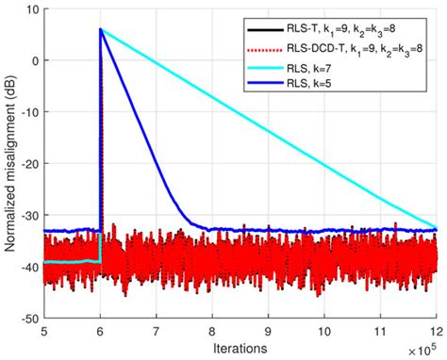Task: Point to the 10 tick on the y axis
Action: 29,9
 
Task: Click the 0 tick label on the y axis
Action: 33,61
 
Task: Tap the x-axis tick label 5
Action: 43,333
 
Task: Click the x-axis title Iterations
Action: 240,348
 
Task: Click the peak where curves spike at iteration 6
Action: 100,29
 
